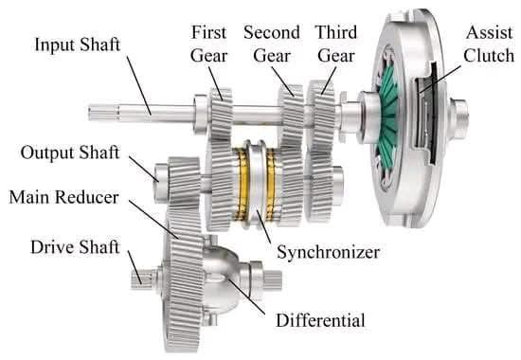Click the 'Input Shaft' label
[x=77, y=45]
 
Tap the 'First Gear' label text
[x=209, y=44]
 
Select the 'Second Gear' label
[x=272, y=44]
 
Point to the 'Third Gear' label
[x=336, y=44]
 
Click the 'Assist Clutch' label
[x=489, y=44]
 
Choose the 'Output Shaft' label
[x=70, y=153]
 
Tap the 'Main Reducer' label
[x=63, y=197]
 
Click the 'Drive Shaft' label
[x=75, y=247]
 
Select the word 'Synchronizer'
[x=329, y=252]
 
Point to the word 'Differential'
[x=320, y=320]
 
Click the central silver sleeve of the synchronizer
[x=256, y=184]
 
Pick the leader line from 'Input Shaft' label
[x=139, y=86]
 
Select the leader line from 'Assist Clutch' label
[x=440, y=79]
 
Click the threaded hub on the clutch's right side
[x=458, y=118]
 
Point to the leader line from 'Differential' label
[x=246, y=297]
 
